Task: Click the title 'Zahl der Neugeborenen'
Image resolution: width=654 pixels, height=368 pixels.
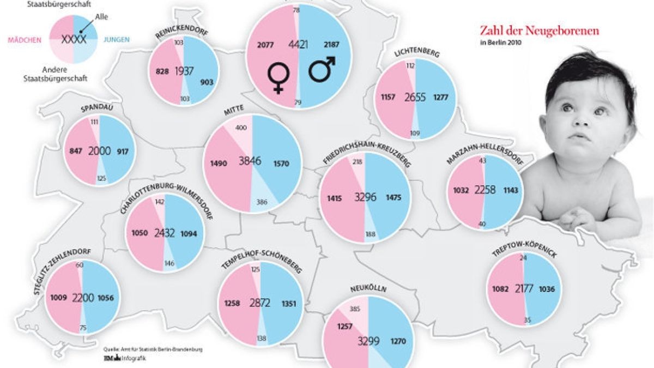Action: tap(538, 31)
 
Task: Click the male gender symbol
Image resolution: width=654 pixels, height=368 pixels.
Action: tap(322, 70)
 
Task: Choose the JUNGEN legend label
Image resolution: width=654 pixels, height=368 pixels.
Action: tap(114, 40)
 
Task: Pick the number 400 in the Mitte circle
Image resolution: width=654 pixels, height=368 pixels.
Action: tap(240, 127)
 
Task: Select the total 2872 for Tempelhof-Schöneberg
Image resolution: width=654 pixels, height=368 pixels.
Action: tap(260, 303)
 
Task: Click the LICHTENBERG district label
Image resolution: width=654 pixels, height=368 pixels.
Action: tap(416, 53)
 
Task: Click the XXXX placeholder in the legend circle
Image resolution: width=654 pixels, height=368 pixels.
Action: tap(74, 40)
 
